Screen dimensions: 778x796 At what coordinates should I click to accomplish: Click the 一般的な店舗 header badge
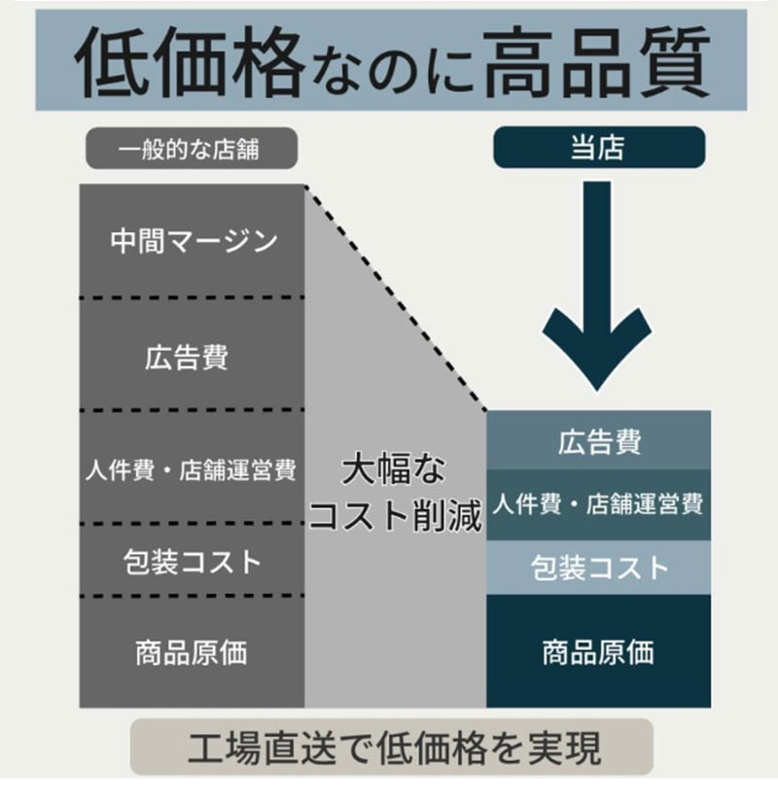click(x=192, y=149)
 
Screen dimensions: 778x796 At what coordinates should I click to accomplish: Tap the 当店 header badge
click(x=599, y=147)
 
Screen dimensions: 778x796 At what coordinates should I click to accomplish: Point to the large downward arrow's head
click(x=597, y=350)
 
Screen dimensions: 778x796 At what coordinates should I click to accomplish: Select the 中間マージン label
click(x=194, y=241)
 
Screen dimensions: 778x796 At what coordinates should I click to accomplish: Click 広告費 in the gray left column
click(x=187, y=358)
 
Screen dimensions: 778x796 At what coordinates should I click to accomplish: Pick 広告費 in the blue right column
click(x=599, y=441)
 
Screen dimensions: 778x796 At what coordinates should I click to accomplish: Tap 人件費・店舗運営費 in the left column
click(x=191, y=469)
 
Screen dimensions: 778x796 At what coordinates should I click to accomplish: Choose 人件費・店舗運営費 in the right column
click(x=598, y=504)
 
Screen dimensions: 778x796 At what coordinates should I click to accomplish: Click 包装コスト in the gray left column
click(x=193, y=562)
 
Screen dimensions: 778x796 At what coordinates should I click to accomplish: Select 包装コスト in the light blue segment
click(x=600, y=567)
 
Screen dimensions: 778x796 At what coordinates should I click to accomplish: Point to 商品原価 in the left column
click(x=192, y=652)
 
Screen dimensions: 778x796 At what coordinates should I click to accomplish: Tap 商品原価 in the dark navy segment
click(x=598, y=652)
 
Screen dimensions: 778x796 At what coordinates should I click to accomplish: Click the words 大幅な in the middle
click(x=394, y=469)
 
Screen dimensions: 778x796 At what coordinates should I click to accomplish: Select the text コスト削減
click(x=396, y=515)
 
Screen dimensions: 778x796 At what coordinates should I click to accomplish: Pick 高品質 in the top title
click(x=597, y=61)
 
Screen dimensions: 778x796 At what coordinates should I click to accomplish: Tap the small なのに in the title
click(x=394, y=70)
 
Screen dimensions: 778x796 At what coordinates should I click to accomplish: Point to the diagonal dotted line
click(x=396, y=298)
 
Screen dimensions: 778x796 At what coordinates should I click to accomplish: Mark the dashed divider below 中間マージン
click(x=192, y=297)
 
